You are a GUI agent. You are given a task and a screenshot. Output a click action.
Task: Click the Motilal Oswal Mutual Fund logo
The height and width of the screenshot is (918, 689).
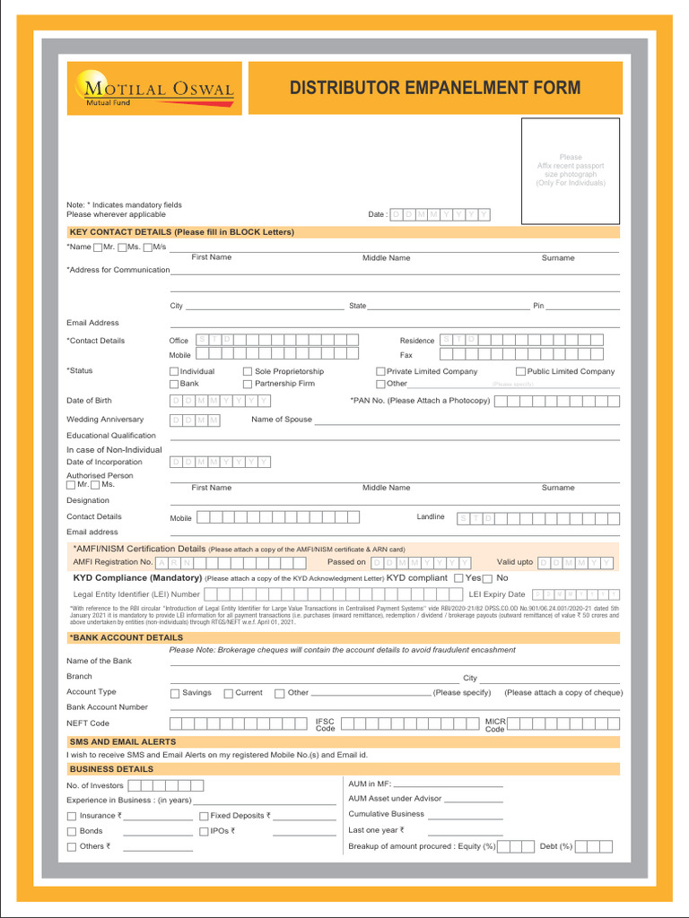153,88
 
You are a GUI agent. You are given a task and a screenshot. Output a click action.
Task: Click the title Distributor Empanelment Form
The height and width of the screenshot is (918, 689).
435,88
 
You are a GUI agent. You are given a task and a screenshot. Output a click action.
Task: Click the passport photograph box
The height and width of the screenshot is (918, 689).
571,170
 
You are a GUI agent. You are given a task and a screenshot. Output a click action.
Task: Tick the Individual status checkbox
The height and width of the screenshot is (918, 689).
174,371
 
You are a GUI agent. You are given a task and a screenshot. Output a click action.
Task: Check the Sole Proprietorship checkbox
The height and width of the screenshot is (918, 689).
248,371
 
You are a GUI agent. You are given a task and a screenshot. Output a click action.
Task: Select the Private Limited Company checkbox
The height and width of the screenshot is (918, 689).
380,371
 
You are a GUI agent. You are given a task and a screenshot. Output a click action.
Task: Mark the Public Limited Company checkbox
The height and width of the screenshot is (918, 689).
520,371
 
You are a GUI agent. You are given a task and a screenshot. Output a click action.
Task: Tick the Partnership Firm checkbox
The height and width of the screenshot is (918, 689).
248,384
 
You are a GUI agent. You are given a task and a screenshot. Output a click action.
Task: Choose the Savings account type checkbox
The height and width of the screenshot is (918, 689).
175,693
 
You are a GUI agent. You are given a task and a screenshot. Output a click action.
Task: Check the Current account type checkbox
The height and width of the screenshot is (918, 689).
228,693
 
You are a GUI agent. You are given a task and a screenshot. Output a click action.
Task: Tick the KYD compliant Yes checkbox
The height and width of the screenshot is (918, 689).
458,578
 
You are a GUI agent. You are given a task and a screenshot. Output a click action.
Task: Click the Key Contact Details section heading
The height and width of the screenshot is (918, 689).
181,232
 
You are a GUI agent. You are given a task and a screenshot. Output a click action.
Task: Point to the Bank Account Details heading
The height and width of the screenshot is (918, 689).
126,637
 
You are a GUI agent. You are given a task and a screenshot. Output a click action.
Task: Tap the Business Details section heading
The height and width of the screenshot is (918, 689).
111,769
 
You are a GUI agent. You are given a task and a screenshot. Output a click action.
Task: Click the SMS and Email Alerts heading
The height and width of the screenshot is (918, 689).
123,742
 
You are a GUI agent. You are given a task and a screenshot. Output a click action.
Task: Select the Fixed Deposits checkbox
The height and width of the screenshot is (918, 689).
204,817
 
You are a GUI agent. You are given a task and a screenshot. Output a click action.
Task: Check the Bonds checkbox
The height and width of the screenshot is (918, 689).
72,832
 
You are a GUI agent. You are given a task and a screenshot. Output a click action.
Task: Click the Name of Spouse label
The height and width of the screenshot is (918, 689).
282,420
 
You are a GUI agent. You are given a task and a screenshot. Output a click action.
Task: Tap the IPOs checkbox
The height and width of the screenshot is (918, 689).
204,832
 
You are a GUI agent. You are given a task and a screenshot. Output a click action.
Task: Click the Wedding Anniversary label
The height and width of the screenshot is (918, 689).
105,420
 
